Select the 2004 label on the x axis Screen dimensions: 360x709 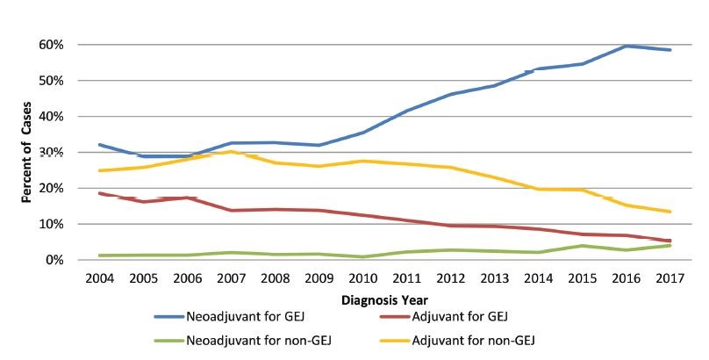point(103,279)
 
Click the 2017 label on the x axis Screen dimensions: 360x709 point(670,279)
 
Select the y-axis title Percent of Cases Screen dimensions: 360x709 point(29,152)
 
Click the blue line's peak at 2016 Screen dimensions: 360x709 point(626,46)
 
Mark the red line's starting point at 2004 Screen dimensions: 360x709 point(103,193)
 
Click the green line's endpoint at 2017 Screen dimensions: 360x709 point(670,245)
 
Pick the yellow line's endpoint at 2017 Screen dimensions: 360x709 point(670,212)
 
